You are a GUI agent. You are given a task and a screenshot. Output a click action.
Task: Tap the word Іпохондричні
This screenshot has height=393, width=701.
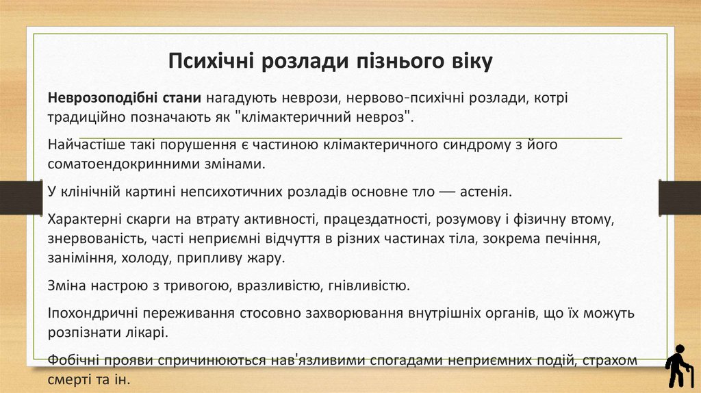click(x=89, y=314)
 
